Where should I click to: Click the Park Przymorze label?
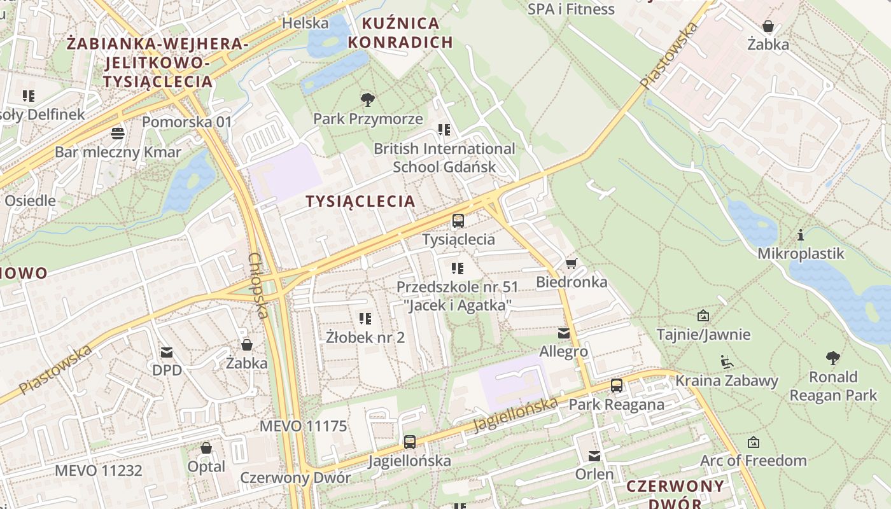[x=368, y=119]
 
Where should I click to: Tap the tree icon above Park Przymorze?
[x=367, y=99]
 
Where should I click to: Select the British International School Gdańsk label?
[x=444, y=158]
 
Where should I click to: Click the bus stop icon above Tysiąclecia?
[x=458, y=221]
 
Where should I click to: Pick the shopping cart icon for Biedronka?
[x=571, y=263]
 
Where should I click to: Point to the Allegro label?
[x=563, y=351]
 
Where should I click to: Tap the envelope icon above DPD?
[x=167, y=352]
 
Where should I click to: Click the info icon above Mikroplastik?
[x=801, y=235]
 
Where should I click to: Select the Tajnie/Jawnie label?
[x=703, y=335]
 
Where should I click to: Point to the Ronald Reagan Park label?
[x=833, y=386]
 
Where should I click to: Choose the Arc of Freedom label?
[x=753, y=461]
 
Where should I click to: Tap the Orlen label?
[x=594, y=474]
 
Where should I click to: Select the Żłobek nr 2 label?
[x=365, y=337]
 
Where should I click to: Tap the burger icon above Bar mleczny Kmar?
[x=118, y=133]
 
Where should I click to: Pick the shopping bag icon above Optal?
[x=206, y=448]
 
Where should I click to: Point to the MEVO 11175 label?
[x=303, y=426]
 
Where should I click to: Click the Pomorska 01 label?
[x=186, y=122]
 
